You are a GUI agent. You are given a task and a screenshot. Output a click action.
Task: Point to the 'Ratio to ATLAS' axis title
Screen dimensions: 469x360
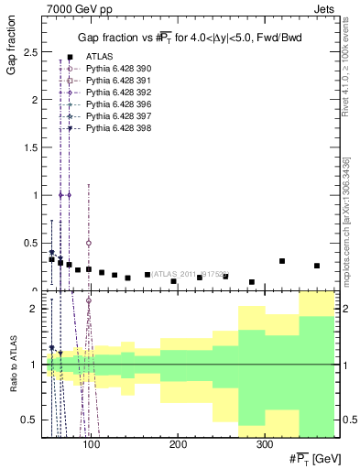tap(10, 365)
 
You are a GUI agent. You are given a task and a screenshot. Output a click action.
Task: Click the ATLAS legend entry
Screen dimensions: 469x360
tap(96, 57)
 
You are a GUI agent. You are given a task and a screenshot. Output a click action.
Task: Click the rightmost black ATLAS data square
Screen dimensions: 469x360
tap(317, 267)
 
